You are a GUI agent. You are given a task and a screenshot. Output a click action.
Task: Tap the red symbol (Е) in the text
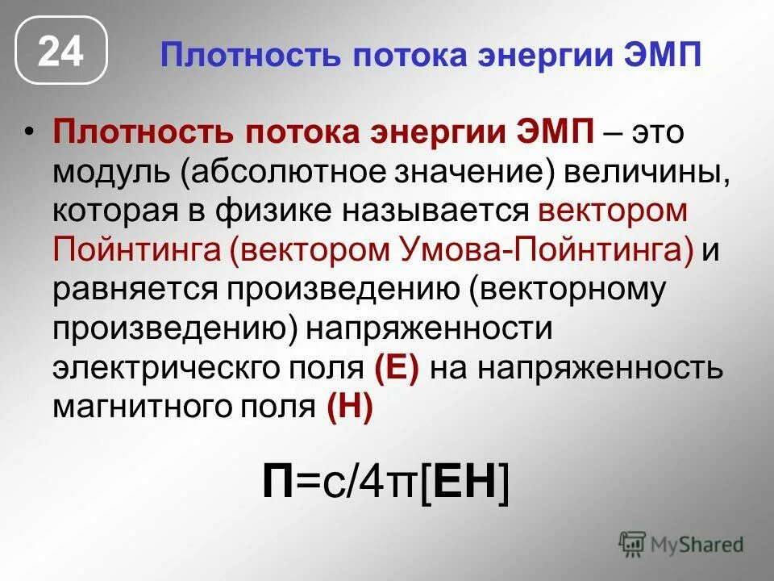point(397,369)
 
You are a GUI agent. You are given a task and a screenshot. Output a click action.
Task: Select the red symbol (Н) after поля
point(350,408)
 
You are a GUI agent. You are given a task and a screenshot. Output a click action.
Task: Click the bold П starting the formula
point(280,483)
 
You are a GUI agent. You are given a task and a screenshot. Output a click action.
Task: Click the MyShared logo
point(680,544)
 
